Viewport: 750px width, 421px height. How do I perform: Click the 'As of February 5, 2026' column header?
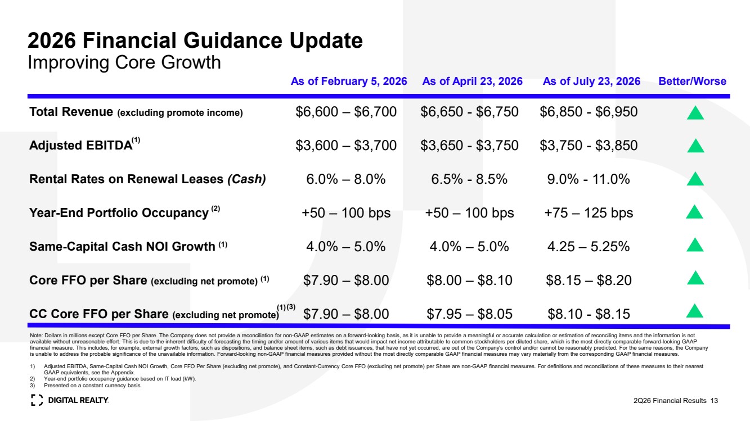[x=349, y=82]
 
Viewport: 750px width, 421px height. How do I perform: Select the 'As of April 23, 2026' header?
[x=472, y=82]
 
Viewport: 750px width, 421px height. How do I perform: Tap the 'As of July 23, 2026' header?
[x=591, y=82]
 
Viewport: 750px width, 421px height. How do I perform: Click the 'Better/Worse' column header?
[x=692, y=82]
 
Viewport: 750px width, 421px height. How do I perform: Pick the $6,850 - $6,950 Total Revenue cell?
[x=589, y=112]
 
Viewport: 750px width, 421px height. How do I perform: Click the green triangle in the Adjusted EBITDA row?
[x=695, y=146]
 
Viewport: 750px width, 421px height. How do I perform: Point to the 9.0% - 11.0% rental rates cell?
[x=589, y=179]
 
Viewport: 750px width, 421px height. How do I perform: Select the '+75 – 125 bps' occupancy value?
[x=589, y=212]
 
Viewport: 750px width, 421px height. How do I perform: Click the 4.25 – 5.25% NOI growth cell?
[x=589, y=246]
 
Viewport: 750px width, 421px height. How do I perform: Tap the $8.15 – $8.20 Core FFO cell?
[x=589, y=280]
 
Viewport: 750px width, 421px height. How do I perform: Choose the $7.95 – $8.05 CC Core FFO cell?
[x=469, y=314]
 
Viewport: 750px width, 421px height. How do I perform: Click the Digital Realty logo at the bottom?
[x=70, y=400]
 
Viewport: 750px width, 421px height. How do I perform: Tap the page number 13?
[x=714, y=401]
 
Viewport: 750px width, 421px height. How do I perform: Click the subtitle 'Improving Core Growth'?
[x=124, y=62]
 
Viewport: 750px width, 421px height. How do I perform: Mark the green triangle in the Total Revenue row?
[x=695, y=113]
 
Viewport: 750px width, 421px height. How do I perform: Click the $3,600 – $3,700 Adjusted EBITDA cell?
[x=346, y=146]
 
